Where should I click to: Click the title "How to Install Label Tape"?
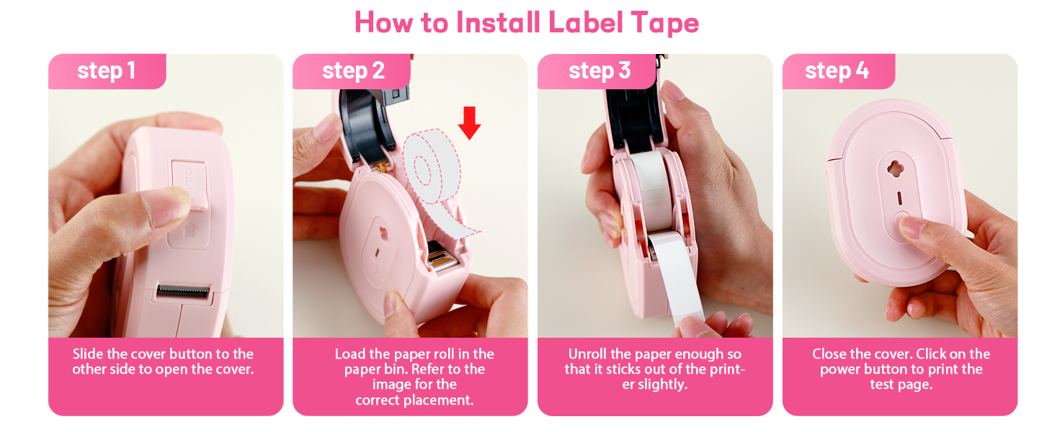click(527, 23)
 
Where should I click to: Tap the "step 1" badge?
click(106, 71)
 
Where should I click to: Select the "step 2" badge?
click(353, 71)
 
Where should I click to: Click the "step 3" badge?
click(599, 71)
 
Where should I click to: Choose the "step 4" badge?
click(837, 71)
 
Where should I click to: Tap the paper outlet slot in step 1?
click(183, 291)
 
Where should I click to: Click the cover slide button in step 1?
click(189, 184)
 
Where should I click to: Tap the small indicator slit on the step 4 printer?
click(898, 197)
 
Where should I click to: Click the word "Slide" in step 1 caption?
click(89, 354)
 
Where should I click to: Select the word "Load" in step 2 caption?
click(351, 354)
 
